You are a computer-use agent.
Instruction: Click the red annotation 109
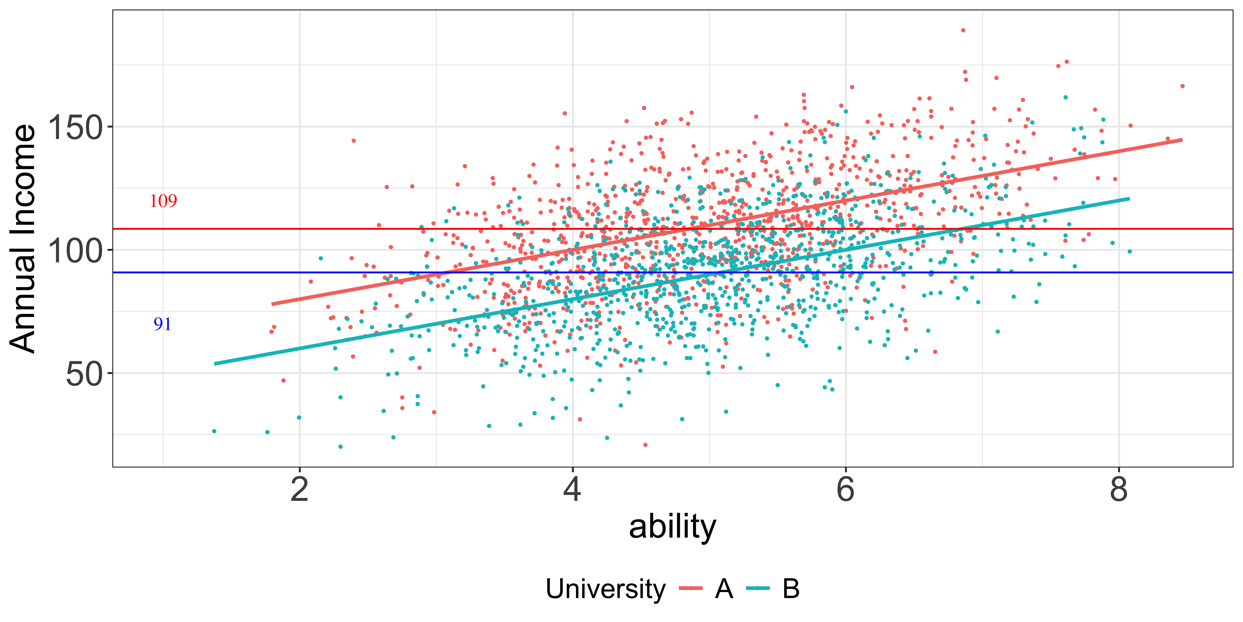click(x=163, y=201)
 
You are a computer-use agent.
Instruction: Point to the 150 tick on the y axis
click(x=75, y=128)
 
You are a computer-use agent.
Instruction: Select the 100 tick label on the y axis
click(x=75, y=251)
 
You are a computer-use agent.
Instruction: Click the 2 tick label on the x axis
click(x=300, y=489)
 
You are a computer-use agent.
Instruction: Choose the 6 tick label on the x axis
click(x=845, y=489)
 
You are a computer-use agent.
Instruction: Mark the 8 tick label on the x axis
click(x=1119, y=489)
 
